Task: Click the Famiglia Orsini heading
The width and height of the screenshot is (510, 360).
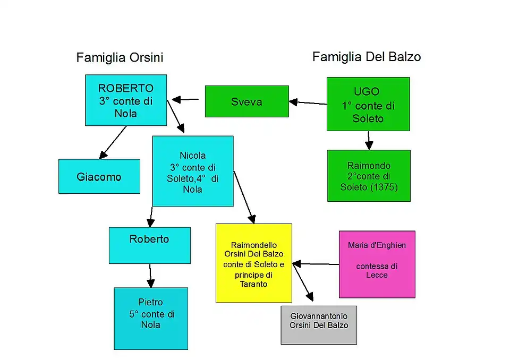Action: (120, 57)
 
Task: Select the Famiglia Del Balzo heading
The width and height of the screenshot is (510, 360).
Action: (367, 56)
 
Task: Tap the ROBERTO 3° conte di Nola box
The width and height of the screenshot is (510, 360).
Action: (126, 100)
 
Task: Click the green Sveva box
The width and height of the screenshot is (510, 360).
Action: (246, 101)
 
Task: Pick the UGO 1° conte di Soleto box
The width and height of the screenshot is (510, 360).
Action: (368, 104)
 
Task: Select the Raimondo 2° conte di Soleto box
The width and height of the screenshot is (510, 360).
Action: (369, 176)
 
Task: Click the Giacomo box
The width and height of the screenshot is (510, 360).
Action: (99, 176)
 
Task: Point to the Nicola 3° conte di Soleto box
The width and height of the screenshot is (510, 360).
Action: (192, 171)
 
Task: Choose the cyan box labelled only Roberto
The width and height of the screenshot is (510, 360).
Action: (149, 245)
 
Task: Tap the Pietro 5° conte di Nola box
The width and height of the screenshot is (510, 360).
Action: (151, 318)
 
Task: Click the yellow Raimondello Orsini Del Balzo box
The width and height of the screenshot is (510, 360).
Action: (254, 263)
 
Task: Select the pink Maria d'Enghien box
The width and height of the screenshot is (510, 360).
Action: (377, 264)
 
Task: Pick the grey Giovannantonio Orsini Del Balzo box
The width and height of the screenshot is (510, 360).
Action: (319, 325)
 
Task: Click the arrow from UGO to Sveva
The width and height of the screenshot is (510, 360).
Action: (308, 102)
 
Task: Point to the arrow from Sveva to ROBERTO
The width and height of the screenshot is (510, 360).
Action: (185, 99)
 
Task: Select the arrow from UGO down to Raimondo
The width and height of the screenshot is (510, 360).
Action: (369, 140)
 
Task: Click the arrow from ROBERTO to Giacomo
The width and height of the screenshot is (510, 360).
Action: (113, 142)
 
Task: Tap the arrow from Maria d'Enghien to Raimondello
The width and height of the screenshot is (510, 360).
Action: (316, 263)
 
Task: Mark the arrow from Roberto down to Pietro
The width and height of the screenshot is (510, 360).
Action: (150, 276)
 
